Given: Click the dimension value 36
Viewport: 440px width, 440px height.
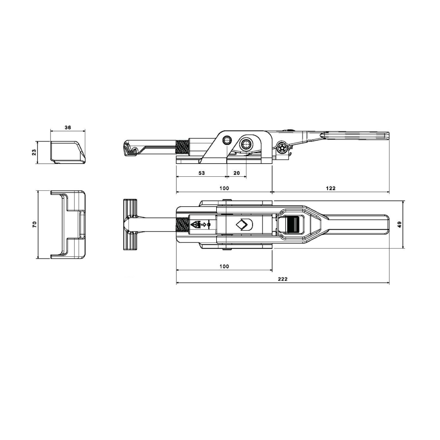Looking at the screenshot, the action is click(68, 128).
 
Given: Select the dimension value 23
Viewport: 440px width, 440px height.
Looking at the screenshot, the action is click(34, 152).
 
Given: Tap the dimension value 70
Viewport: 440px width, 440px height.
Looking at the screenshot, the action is click(34, 224).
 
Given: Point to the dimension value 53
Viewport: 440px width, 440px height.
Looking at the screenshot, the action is click(201, 173).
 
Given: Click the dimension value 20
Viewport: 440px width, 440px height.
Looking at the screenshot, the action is click(237, 173).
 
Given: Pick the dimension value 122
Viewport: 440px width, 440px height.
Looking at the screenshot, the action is click(331, 188).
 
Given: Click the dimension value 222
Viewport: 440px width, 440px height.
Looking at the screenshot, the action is click(283, 279).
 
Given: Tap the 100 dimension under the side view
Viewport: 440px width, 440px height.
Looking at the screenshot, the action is click(224, 188).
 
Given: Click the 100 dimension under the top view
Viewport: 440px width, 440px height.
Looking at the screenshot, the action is click(224, 266).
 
